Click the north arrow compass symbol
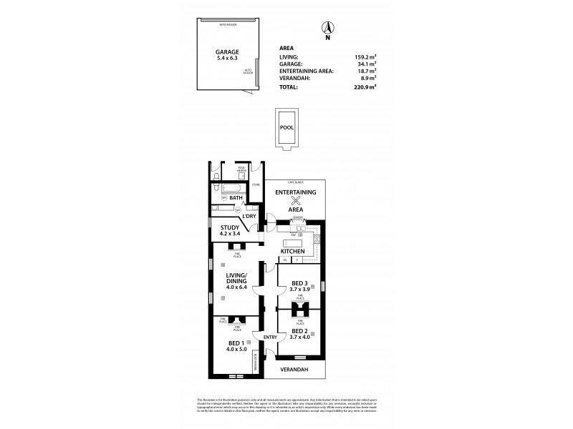(x=327, y=29)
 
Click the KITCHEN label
(x=293, y=252)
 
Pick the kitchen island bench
(x=293, y=240)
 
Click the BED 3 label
(x=300, y=284)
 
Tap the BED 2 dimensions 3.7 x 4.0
(x=300, y=338)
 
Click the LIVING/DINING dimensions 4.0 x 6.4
(x=236, y=287)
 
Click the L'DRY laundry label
(x=249, y=216)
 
